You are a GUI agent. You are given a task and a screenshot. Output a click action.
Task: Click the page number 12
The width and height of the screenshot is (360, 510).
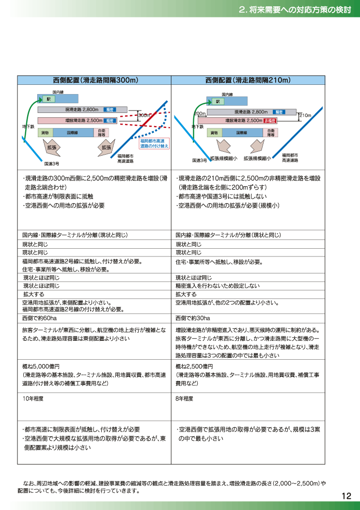point(346,495)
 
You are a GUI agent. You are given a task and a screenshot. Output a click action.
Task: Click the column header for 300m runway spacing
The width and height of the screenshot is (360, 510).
point(94,80)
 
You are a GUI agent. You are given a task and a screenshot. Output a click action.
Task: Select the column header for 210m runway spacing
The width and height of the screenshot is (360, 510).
point(248,80)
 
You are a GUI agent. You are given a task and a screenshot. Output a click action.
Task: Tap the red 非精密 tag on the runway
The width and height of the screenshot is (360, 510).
point(270,121)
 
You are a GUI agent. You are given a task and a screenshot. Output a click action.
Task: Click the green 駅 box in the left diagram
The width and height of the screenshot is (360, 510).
point(49,99)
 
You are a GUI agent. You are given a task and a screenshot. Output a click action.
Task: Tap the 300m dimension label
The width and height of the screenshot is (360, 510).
point(144,115)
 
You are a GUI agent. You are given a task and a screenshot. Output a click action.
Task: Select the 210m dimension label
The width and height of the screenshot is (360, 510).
point(305,115)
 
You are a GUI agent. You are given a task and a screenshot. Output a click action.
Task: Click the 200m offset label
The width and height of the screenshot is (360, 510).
point(200,113)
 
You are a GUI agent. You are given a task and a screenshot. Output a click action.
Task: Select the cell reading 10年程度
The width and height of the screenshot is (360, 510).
point(33,398)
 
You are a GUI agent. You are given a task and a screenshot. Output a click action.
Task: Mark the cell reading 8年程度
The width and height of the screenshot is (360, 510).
point(185,398)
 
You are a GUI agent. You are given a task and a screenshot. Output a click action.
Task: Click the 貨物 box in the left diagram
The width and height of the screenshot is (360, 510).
point(46,133)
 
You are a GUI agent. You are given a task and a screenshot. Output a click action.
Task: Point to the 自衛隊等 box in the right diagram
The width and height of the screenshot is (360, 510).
point(270,133)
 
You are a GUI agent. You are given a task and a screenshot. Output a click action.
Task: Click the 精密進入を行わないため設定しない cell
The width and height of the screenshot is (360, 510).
point(218,286)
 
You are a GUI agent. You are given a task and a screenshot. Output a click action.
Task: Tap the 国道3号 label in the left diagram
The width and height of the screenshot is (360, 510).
point(52,163)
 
